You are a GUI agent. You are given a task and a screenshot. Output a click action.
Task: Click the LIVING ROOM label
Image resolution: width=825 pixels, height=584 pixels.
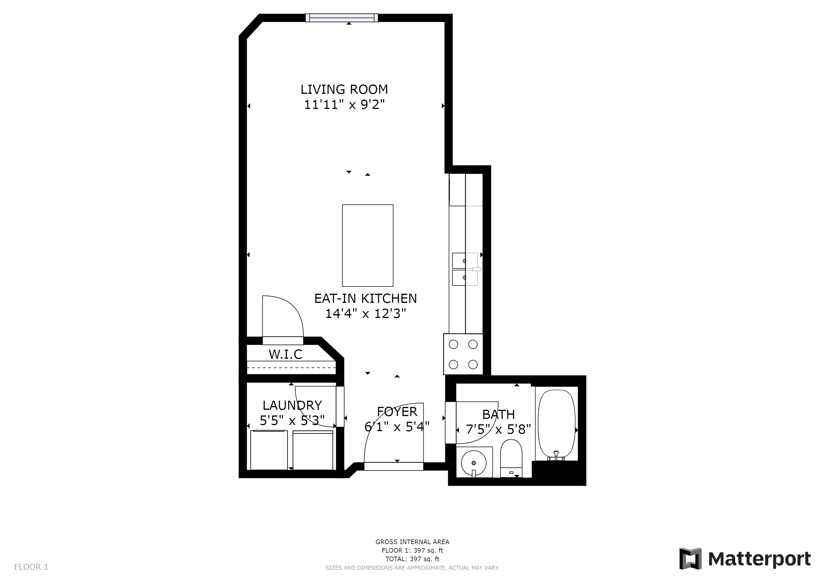tap(344, 89)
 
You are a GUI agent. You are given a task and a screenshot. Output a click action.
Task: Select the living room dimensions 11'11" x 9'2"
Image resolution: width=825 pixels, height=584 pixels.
tap(344, 105)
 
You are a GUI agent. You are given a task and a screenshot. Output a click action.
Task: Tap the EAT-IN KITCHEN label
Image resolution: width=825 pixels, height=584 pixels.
tap(365, 299)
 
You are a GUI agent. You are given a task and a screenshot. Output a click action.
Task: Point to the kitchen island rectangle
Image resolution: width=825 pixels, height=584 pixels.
tap(367, 245)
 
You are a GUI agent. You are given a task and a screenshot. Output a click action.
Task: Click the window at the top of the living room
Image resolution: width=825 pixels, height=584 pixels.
tap(342, 18)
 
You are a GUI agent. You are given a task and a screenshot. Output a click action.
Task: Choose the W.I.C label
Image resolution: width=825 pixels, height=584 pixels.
tap(285, 354)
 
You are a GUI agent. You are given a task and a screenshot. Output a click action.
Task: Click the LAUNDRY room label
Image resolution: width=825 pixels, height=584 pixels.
tap(292, 405)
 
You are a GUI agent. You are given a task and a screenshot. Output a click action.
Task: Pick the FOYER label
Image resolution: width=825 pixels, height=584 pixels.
tap(397, 411)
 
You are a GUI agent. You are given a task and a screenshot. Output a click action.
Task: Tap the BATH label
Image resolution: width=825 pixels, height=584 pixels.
tap(498, 415)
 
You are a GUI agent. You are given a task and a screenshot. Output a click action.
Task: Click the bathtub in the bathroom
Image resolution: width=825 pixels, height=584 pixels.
tap(557, 424)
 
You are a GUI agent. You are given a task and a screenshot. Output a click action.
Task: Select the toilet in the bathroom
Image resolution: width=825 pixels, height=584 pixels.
tap(511, 459)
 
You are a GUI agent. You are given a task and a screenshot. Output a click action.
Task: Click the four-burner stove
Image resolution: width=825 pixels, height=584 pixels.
tap(463, 354)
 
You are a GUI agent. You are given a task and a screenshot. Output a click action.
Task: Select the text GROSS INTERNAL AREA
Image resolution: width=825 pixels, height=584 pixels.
tap(412, 542)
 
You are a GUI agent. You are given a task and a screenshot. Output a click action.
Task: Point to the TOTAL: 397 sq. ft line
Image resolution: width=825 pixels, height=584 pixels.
tap(412, 559)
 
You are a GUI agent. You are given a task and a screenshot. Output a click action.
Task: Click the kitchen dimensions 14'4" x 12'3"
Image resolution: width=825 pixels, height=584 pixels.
tap(365, 314)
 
